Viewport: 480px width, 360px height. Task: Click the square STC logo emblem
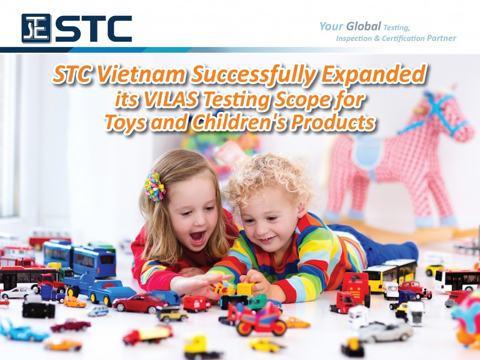click(36, 28)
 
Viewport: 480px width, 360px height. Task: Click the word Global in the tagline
click(363, 26)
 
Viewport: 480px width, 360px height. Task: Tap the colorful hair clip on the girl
click(155, 186)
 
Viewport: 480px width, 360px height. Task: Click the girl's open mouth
click(198, 237)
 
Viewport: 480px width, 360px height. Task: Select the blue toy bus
click(79, 258)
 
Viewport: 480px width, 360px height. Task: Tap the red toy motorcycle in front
click(256, 320)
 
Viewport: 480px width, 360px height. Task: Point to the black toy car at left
click(38, 309)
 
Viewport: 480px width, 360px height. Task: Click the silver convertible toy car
click(385, 332)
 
